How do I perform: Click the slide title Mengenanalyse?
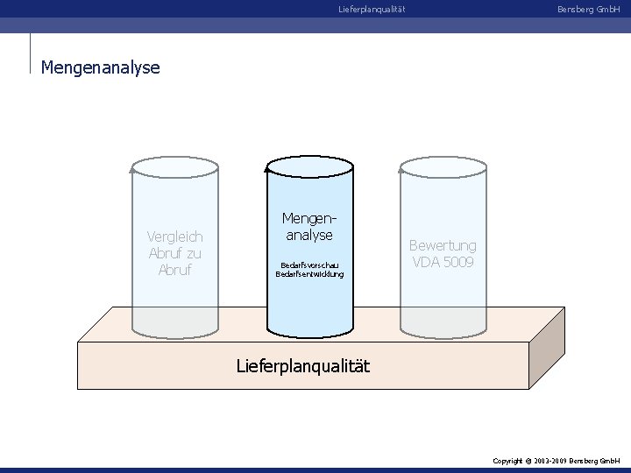(101, 67)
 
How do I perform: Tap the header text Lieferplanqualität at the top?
(372, 10)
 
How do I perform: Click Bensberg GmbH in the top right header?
(588, 10)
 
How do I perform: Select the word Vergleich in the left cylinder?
(175, 236)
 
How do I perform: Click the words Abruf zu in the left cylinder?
(175, 253)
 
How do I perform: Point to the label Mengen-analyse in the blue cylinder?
(309, 226)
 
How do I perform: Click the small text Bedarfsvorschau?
(309, 264)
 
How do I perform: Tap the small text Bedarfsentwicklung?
(309, 273)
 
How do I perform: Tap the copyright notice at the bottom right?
(557, 460)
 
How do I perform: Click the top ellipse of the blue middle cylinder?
(309, 166)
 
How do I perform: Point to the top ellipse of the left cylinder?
(174, 166)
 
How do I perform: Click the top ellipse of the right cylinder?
(443, 166)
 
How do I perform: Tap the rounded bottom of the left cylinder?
(174, 331)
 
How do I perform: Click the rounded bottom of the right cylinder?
(443, 331)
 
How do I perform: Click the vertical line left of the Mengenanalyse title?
(30, 54)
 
